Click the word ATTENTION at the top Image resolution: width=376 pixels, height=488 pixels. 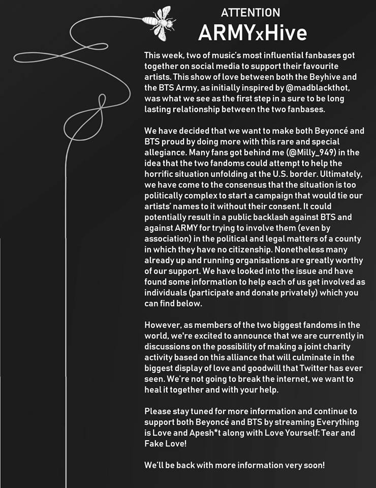click(x=250, y=12)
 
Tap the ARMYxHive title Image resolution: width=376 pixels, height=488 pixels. click(x=253, y=33)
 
